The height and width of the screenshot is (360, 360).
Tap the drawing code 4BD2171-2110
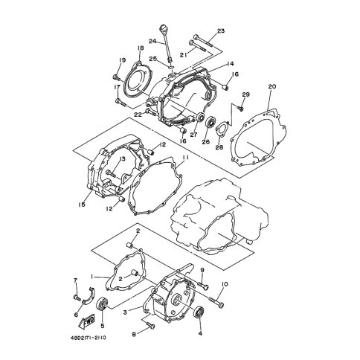coord(88,338)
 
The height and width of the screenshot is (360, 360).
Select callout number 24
coord(152,41)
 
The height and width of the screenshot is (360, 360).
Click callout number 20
coord(272,86)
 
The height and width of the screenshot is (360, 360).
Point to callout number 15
coord(82,205)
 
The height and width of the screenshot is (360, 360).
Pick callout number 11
coord(185,158)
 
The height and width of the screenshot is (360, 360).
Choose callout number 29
coord(245,94)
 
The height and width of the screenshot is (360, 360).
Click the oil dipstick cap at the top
coord(162,27)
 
